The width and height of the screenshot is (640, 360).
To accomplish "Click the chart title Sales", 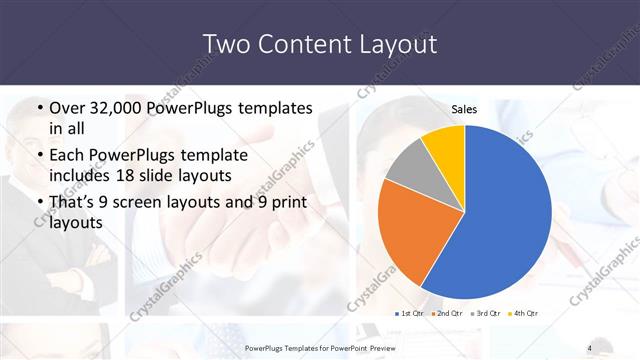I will pos(464,109).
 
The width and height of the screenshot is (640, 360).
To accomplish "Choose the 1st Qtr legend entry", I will pos(410,314).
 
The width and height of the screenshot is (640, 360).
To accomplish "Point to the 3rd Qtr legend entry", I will pos(485,314).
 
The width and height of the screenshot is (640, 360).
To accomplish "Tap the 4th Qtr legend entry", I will pos(522,314).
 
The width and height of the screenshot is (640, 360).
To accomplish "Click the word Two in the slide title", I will pos(226,44).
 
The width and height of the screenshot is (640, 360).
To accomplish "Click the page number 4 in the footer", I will pos(589,347).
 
